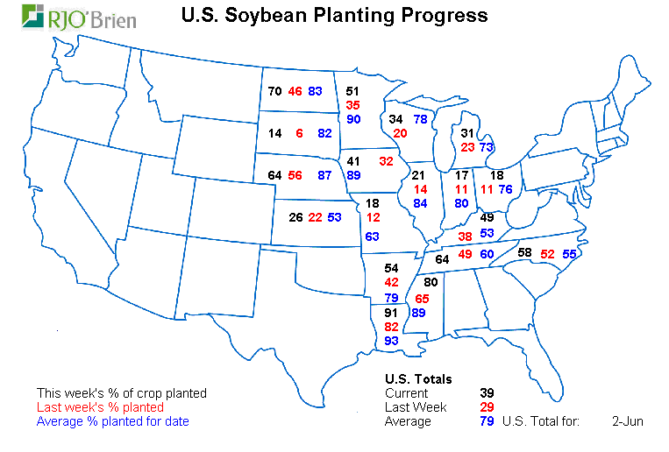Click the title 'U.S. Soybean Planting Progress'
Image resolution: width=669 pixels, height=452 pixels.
point(334,15)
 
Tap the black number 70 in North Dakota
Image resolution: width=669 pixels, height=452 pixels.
point(274,91)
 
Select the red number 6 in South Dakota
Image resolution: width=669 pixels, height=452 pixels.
point(299,133)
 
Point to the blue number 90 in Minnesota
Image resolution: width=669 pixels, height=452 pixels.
point(353,119)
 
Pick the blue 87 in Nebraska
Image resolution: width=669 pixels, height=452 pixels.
point(324,175)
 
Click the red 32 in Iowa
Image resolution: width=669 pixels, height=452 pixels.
point(387,161)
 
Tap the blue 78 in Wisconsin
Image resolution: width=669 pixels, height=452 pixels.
point(421,119)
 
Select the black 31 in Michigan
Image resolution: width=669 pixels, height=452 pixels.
point(468,133)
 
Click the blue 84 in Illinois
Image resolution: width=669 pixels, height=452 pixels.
point(420,203)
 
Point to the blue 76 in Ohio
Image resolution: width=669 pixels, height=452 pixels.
point(505,188)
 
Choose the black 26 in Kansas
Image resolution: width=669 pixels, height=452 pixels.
point(295,217)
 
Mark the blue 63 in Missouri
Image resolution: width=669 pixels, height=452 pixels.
point(373,237)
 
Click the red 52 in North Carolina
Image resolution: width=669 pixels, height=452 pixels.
point(547,253)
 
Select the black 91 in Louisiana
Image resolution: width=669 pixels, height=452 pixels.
point(391,312)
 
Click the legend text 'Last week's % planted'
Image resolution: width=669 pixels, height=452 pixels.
point(100,407)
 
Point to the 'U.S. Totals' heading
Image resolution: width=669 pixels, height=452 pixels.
point(418,379)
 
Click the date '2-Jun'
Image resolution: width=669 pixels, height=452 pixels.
point(628,421)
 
